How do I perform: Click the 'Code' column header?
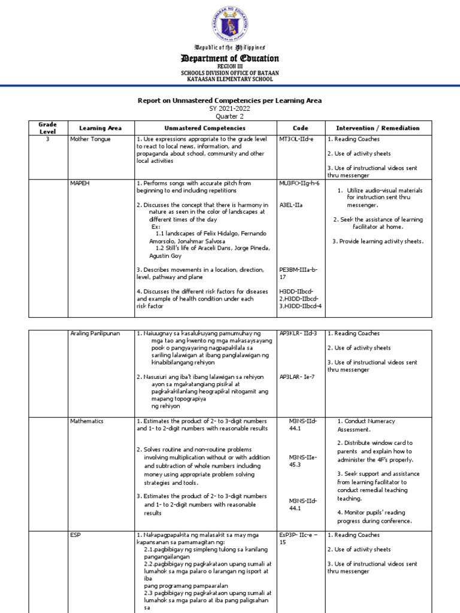[300, 128]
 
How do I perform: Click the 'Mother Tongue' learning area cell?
[89, 138]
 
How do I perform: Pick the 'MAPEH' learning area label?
[80, 183]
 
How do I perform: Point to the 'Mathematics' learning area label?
[87, 421]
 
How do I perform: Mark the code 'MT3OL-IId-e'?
[296, 138]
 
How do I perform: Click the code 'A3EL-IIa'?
[290, 205]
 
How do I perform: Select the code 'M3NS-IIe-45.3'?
[303, 460]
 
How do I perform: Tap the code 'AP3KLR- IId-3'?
[298, 333]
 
